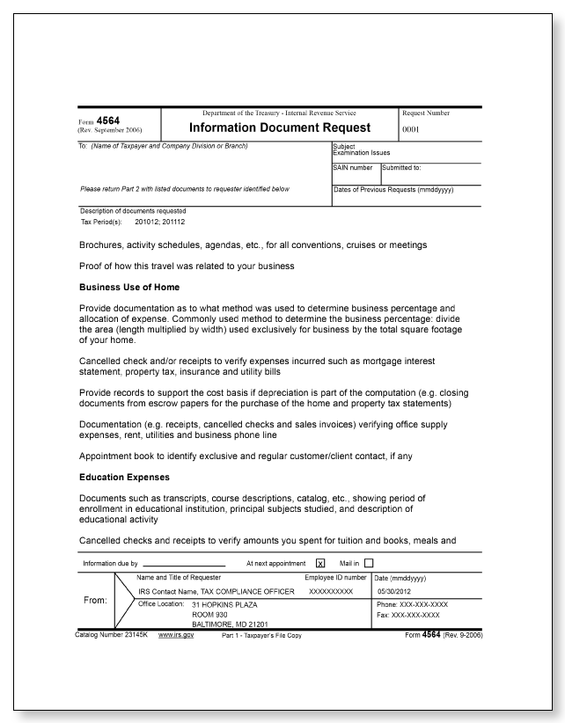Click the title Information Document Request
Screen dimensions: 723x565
(280, 128)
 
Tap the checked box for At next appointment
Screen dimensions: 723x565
(320, 563)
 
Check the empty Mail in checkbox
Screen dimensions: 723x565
(369, 563)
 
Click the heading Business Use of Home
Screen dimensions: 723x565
(130, 287)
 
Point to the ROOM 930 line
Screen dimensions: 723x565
(209, 614)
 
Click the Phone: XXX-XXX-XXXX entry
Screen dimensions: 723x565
(412, 605)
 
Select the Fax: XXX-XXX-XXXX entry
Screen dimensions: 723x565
(408, 614)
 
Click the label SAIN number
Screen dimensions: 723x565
(352, 167)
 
